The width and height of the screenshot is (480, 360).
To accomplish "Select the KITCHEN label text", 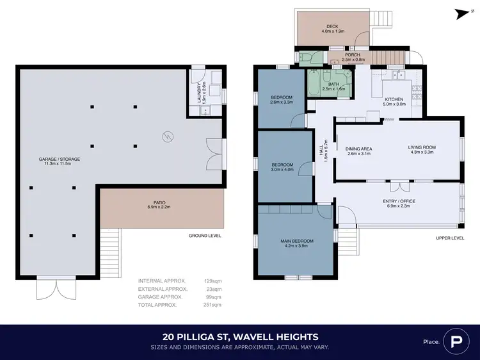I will pyautogui.click(x=394, y=99).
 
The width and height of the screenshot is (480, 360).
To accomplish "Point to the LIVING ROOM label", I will pyautogui.click(x=421, y=147).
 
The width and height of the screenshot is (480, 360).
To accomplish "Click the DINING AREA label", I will pyautogui.click(x=360, y=149).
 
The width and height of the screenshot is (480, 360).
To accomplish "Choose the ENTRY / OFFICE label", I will pyautogui.click(x=399, y=201).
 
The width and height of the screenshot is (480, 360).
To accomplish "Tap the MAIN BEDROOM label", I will pyautogui.click(x=294, y=241).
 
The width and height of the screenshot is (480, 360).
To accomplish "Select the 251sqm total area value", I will pyautogui.click(x=212, y=305).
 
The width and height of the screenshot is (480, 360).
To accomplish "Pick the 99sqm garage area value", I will pyautogui.click(x=214, y=297).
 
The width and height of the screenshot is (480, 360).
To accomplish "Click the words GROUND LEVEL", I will pyautogui.click(x=205, y=236).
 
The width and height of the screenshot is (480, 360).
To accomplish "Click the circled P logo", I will pyautogui.click(x=456, y=340).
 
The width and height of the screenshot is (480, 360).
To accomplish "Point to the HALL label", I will pyautogui.click(x=322, y=152).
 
